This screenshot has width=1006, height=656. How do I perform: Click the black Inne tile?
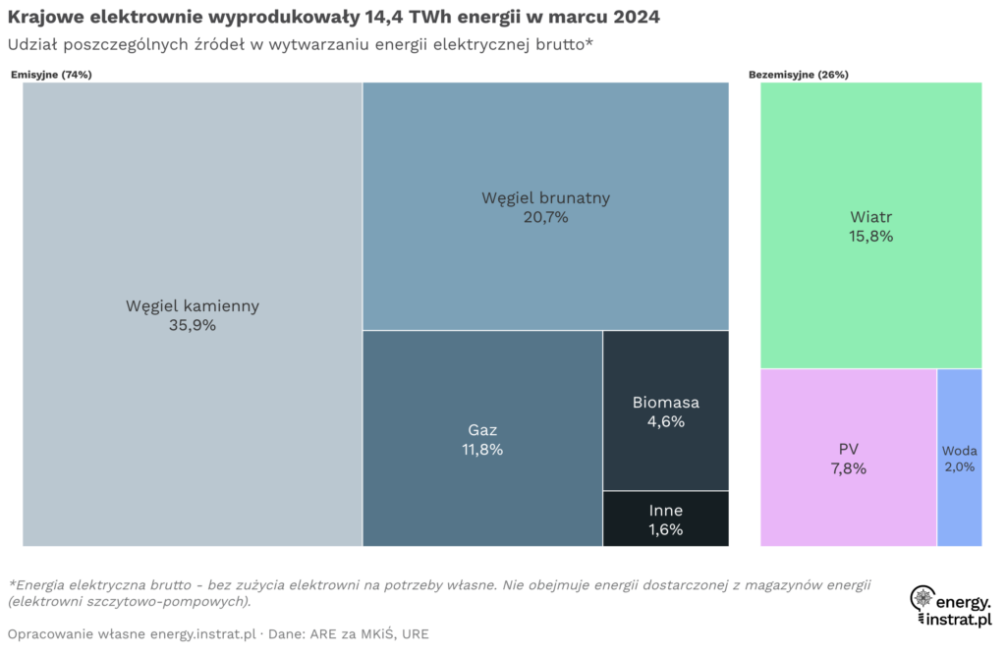pos(665,519)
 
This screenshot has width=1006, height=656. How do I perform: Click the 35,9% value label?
pos(193,326)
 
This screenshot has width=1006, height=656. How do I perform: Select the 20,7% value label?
pos(545,218)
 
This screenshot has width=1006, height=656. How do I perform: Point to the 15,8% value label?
pos(870,237)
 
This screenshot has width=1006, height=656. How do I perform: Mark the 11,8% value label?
pos(481,450)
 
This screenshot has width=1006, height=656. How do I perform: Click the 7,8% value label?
pos(848,469)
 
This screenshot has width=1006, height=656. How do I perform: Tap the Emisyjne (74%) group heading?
pos(51,75)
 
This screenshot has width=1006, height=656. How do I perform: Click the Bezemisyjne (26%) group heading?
pos(799,75)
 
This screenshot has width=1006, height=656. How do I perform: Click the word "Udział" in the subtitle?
pos(32,45)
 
